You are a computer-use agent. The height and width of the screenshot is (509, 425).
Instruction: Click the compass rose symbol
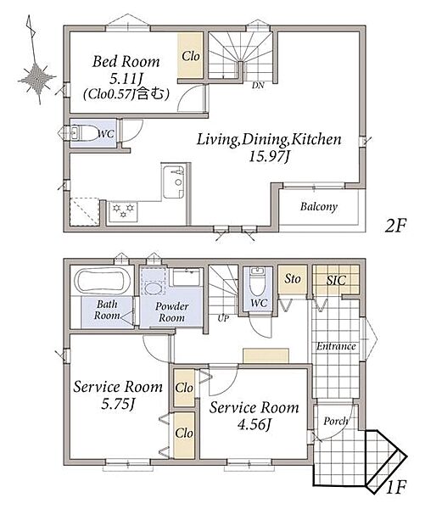coord(36,79)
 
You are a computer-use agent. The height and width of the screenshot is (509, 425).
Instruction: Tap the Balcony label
coord(318,207)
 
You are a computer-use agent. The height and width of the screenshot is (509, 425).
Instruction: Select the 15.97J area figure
coord(269,157)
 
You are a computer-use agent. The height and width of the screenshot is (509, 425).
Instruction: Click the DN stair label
coord(258,86)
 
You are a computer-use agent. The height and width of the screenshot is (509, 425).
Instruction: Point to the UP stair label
coord(223,318)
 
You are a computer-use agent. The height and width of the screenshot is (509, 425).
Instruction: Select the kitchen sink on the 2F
coord(175,182)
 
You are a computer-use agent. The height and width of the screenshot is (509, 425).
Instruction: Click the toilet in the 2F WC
coord(84,133)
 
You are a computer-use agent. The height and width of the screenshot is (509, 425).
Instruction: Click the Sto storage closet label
coord(292,279)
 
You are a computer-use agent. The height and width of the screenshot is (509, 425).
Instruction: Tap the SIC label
coord(336,280)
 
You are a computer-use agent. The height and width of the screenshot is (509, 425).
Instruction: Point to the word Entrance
coord(336,346)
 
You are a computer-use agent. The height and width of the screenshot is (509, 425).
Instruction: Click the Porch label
coord(335,422)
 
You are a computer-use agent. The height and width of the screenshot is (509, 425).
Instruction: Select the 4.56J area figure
coord(254,424)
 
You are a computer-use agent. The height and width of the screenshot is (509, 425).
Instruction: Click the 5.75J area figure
coord(118,404)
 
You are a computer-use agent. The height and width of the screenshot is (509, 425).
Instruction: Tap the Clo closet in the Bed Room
coord(190,55)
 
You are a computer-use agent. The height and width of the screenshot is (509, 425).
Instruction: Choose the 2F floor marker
coord(395,226)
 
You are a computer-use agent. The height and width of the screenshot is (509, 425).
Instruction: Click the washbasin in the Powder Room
coord(153,288)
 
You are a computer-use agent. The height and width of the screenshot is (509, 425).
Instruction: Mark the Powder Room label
coord(171,312)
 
